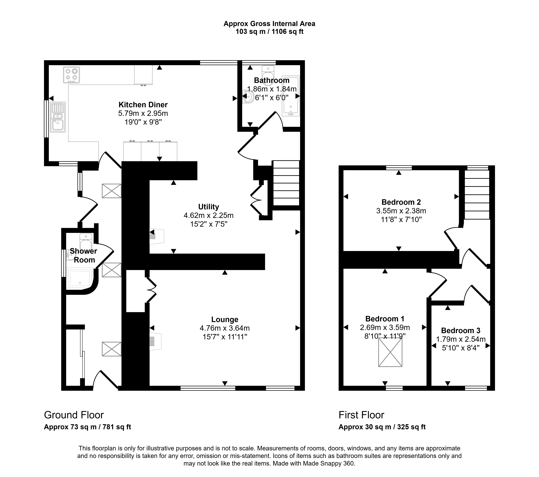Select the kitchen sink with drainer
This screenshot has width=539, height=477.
(58, 117)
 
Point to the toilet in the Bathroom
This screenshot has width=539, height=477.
(268, 75)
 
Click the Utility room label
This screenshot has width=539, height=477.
(209, 207)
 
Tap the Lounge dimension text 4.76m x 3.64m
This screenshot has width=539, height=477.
(225, 328)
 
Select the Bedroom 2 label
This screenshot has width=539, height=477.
(401, 202)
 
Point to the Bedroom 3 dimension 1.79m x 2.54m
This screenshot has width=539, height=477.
(461, 339)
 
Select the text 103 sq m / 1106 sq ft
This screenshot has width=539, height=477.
(269, 32)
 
